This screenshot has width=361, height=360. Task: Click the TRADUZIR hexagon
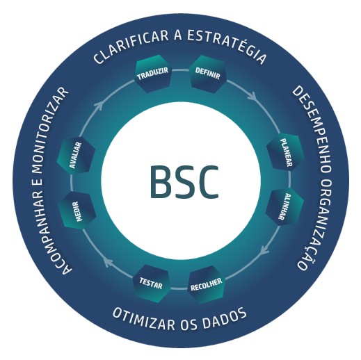click(152, 74)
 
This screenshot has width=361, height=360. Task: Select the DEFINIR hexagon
click(207, 74)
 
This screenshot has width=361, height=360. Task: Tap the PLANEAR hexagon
click(286, 152)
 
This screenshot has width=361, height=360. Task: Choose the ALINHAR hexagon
click(284, 207)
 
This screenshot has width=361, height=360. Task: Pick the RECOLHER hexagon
click(207, 285)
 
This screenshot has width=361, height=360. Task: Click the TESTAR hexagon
click(152, 284)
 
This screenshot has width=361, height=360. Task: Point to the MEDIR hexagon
click(77, 211)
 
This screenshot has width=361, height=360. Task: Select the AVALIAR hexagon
click(76, 155)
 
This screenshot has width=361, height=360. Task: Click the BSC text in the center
click(184, 182)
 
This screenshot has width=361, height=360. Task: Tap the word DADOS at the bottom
click(224, 318)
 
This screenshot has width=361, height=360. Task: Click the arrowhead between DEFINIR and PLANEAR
click(252, 96)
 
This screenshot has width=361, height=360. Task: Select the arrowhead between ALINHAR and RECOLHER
click(264, 251)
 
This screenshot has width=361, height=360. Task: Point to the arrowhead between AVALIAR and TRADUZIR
click(99, 106)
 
